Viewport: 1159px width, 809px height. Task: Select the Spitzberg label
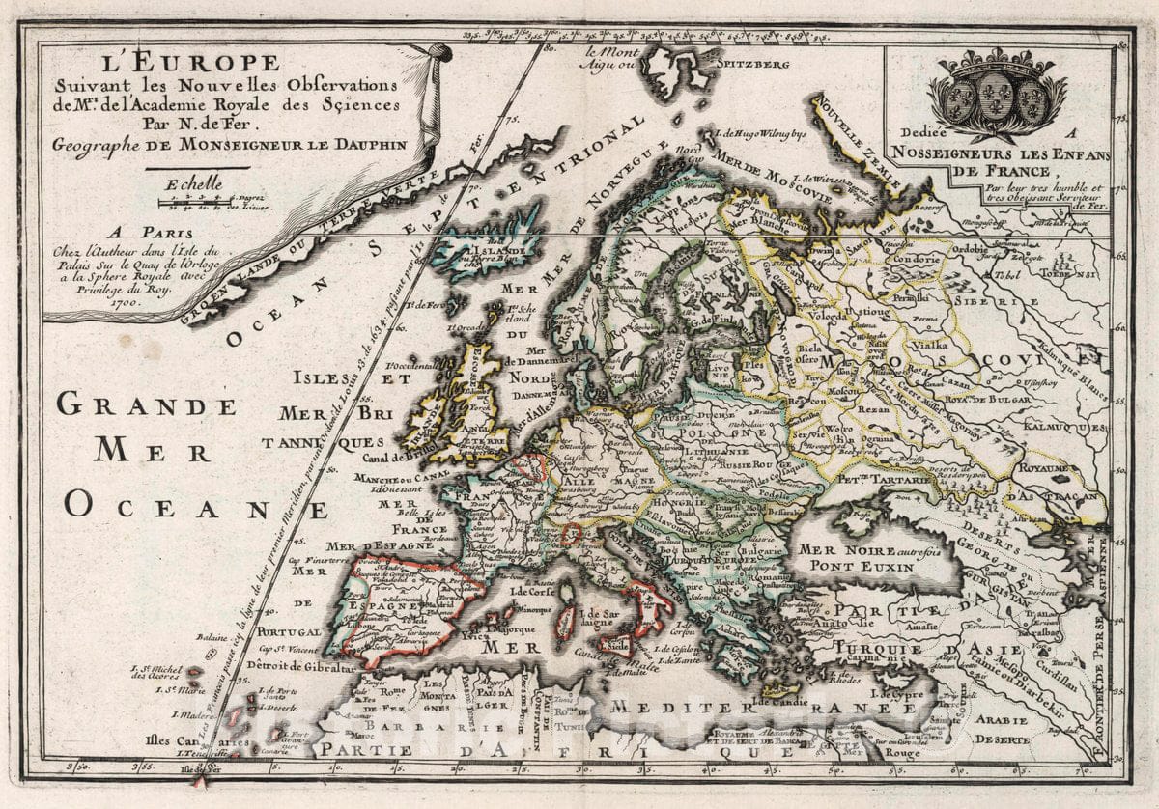[752, 65]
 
